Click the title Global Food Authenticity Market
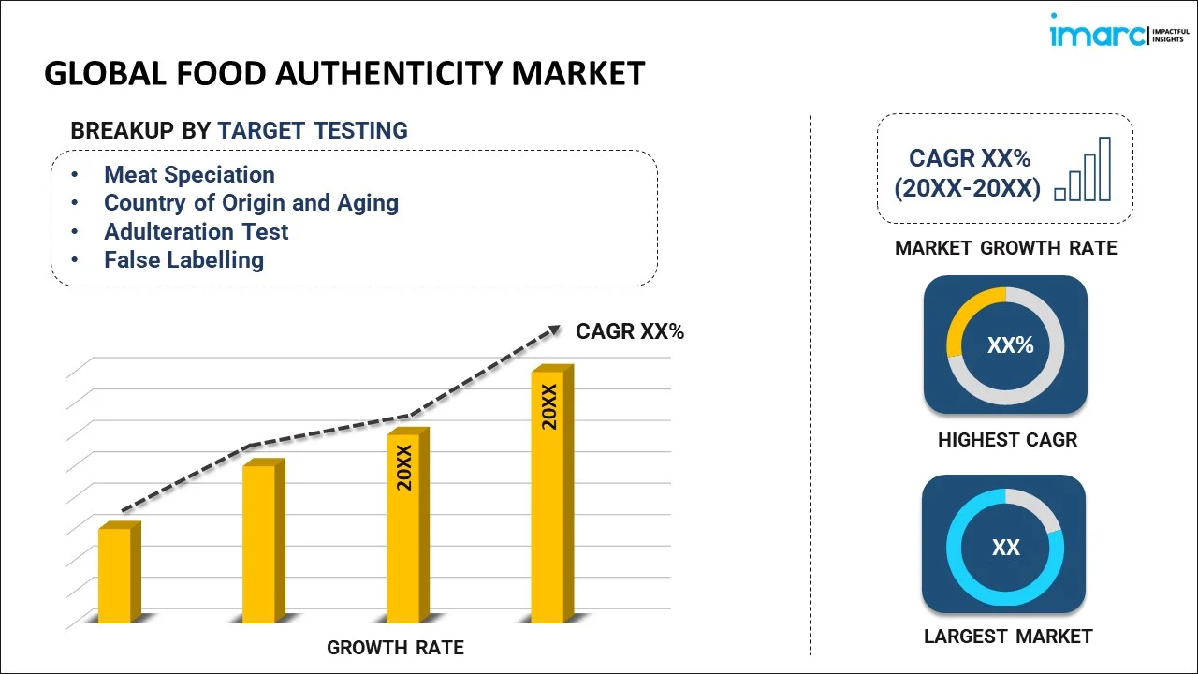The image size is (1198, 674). [x=344, y=73]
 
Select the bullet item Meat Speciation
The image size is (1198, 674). [x=189, y=174]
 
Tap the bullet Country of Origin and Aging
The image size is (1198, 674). [x=251, y=202]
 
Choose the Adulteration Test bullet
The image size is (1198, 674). [x=196, y=231]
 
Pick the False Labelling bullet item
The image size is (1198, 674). [x=183, y=259]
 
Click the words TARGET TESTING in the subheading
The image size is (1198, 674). [x=313, y=130]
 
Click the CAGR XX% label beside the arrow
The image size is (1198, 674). [x=630, y=330]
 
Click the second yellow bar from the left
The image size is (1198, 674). [x=260, y=543]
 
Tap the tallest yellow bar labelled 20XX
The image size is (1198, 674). [x=548, y=496]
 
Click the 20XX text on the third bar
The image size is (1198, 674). [x=404, y=468]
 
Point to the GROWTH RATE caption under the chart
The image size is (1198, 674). [x=395, y=647]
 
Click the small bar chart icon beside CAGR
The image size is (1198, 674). [x=1083, y=169]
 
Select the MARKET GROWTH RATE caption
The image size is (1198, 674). [x=1006, y=248]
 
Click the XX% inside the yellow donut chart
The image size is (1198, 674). [x=1010, y=345]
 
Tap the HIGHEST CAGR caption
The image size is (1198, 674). [x=1007, y=439]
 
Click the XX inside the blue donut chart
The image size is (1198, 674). [x=1005, y=548]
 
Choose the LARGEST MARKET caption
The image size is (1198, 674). [x=1008, y=637]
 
